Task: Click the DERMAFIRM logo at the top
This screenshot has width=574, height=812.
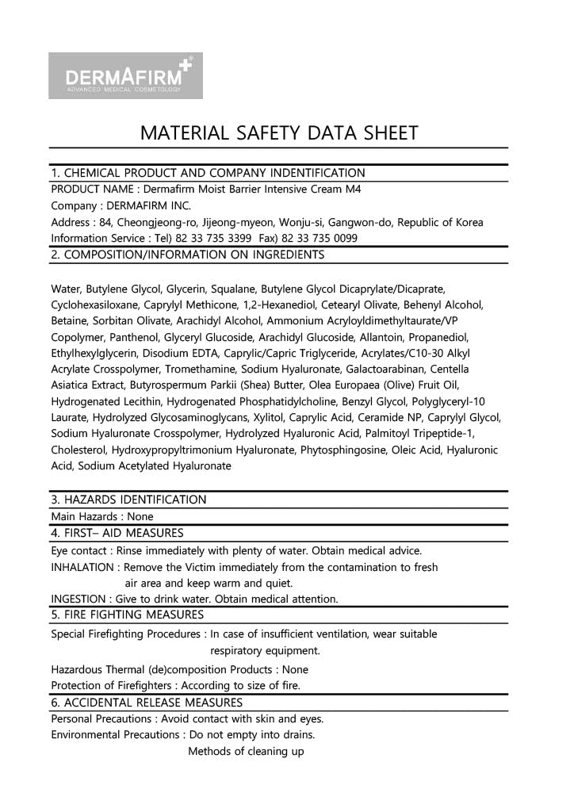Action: tap(125, 76)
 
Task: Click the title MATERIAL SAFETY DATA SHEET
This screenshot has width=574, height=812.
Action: tap(278, 133)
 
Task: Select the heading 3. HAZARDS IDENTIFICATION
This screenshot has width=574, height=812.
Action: tap(128, 500)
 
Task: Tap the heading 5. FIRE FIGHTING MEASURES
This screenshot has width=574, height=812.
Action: tap(127, 615)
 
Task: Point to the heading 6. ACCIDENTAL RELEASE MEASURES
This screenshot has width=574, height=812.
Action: tap(147, 703)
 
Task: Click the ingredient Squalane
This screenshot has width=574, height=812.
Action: tap(235, 289)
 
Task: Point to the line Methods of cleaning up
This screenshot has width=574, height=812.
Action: tap(246, 751)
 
